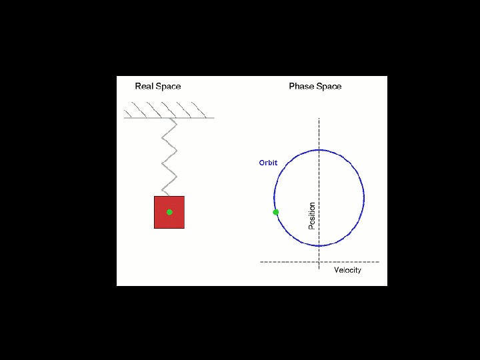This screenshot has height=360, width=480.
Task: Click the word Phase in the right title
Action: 301,87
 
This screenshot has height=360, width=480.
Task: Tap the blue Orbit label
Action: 268,163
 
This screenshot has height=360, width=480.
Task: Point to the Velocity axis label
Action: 347,270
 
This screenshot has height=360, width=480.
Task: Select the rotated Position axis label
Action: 311,216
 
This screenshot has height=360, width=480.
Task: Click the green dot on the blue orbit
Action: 276,212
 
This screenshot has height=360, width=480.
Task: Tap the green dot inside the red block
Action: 169,212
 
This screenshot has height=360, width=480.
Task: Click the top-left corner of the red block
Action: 155,197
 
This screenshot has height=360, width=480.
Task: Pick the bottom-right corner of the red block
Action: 184,228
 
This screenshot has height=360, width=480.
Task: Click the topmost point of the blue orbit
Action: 319,149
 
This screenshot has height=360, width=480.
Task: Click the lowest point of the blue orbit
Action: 319,243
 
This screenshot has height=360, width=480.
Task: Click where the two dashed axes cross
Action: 319,262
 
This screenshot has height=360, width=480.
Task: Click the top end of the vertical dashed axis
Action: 319,119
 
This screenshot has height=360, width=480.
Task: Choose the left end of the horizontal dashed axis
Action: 261,262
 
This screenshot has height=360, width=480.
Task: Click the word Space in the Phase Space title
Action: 329,87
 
